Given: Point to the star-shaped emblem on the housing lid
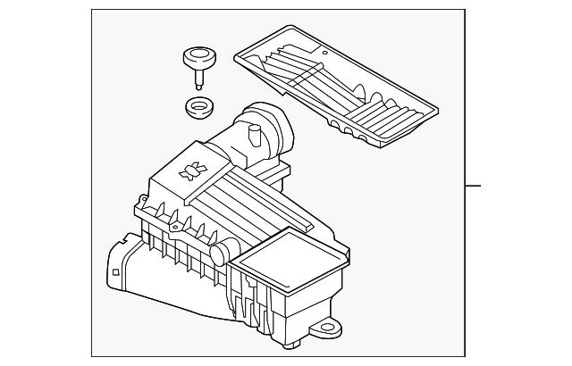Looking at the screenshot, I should (189, 171).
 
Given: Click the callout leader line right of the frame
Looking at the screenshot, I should (474, 186).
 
